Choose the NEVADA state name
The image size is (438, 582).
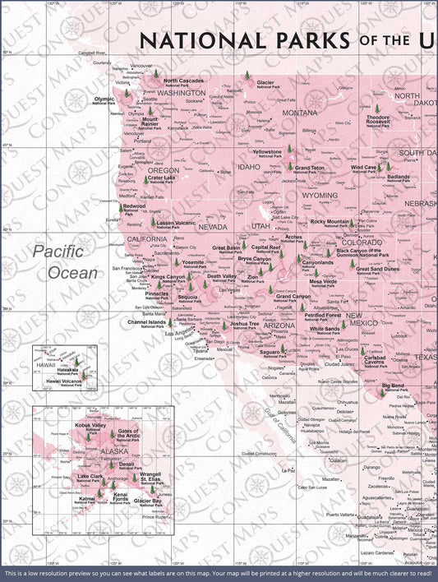212,226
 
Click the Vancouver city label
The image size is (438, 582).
141,66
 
